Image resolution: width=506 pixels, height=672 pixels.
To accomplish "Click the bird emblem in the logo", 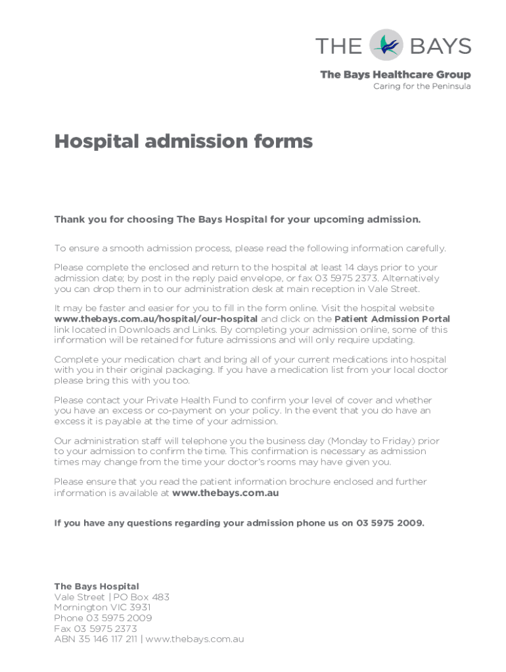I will (386, 45).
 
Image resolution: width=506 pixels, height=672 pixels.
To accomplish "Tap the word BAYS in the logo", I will (440, 46).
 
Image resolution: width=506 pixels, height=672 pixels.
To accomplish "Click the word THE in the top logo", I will (338, 46).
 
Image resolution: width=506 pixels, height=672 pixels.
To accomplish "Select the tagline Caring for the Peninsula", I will (422, 87).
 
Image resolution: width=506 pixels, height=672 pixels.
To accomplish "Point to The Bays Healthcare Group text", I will (395, 75).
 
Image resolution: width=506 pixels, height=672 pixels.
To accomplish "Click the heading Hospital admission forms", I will (183, 142).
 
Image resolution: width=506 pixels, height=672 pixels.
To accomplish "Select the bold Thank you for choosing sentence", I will (237, 219).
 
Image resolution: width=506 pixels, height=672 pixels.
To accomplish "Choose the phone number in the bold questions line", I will (390, 523).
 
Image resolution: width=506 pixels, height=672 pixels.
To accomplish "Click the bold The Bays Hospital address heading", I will (96, 586).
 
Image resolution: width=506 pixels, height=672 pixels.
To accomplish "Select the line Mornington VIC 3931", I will (102, 608).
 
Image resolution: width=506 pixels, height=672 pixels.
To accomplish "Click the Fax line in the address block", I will (95, 629).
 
